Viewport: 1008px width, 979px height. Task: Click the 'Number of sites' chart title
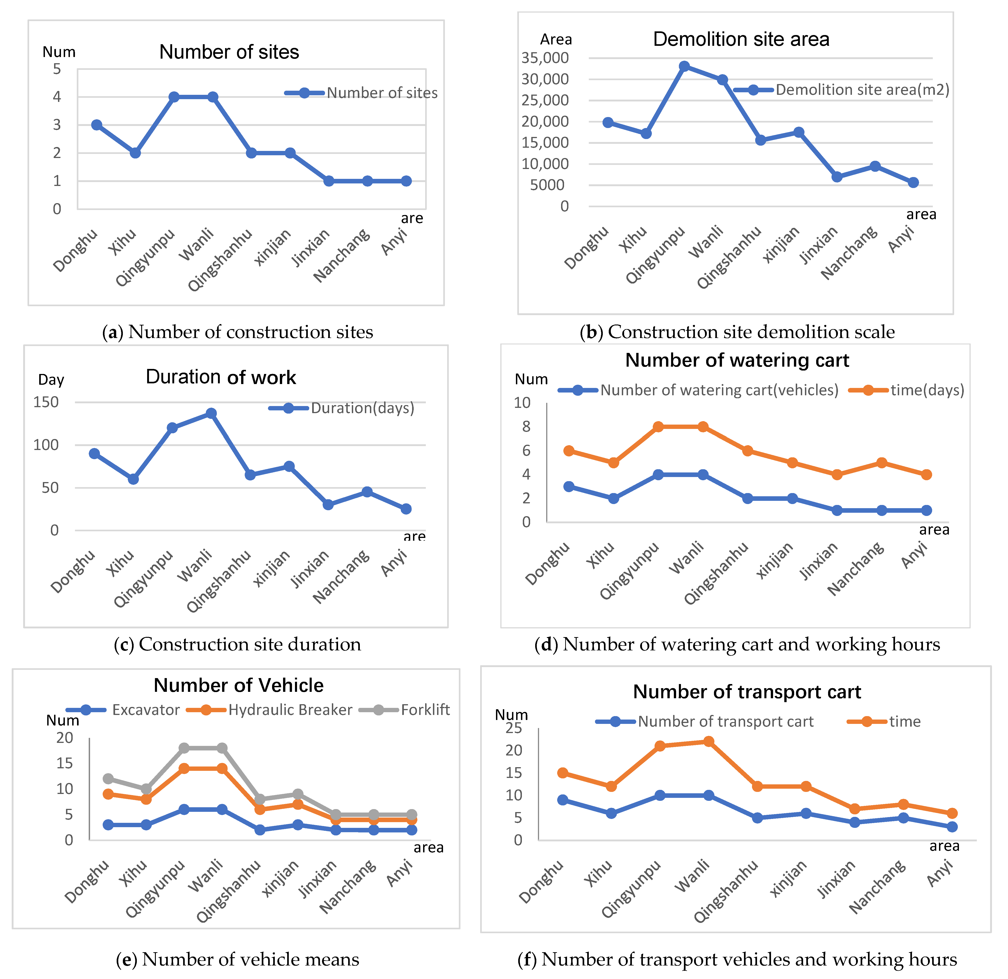[x=229, y=52]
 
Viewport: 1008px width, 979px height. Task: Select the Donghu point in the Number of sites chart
[x=97, y=125]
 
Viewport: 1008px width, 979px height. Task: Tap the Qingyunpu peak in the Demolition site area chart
[x=684, y=66]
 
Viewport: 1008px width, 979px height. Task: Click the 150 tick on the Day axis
[x=46, y=402]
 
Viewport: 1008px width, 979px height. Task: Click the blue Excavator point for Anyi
[x=412, y=830]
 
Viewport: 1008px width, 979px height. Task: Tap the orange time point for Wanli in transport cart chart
[x=708, y=742]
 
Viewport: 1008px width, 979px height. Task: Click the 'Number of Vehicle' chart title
[x=239, y=685]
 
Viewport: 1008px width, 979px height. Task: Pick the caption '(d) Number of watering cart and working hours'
[x=737, y=644]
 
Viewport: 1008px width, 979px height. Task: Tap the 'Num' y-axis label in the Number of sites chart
[x=59, y=52]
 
